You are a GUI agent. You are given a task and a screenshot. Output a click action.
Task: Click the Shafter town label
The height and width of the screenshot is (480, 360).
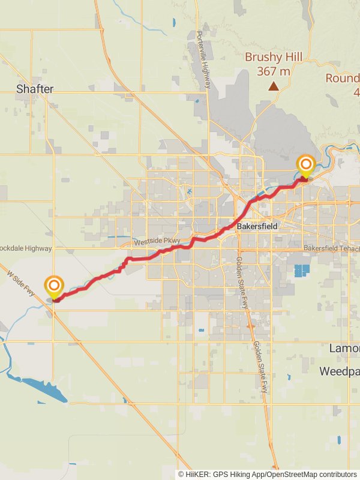(x=35, y=89)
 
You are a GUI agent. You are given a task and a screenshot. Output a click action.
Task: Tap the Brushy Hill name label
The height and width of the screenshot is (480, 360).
(x=273, y=58)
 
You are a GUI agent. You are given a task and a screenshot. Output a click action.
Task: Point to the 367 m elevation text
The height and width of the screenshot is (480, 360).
(x=273, y=71)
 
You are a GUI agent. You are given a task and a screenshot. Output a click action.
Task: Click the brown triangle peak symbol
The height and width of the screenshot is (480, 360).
(x=274, y=86)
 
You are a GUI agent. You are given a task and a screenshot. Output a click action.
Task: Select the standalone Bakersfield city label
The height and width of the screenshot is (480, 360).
(x=257, y=227)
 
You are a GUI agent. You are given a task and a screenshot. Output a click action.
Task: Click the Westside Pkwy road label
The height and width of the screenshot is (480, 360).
(x=157, y=242)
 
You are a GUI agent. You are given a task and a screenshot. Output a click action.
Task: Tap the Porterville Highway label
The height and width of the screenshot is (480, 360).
(x=203, y=59)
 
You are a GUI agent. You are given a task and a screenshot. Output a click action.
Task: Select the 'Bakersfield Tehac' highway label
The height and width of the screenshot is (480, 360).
(x=331, y=248)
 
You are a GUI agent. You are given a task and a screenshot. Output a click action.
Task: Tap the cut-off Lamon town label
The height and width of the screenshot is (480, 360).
(x=344, y=348)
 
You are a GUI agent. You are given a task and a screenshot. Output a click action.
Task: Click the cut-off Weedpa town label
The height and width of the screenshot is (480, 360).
(x=339, y=371)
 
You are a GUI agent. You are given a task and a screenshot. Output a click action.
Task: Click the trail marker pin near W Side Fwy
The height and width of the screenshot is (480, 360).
(x=54, y=286)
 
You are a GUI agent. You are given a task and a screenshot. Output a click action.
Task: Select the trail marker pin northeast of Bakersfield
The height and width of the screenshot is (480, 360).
(x=306, y=165)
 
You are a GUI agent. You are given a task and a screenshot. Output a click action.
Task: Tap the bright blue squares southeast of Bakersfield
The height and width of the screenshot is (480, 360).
(x=302, y=270)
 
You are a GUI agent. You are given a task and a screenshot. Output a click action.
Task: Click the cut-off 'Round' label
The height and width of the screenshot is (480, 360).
(x=343, y=78)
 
